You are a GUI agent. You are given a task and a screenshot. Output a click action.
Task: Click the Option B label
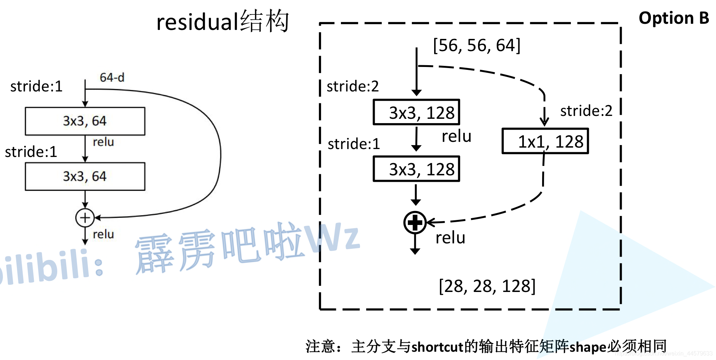674,18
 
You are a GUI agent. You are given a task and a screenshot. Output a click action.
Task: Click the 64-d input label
112,77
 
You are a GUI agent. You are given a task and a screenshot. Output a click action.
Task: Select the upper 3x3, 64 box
85,121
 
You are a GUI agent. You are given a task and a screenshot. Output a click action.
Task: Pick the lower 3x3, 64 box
85,176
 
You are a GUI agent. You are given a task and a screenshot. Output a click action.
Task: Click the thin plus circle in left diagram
85,217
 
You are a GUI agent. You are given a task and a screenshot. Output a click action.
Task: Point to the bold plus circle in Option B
415,223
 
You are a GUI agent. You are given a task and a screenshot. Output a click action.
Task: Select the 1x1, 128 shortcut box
545,141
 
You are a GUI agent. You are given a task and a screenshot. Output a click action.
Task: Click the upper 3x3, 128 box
416,112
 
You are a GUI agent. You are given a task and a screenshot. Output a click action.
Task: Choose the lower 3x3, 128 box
416,169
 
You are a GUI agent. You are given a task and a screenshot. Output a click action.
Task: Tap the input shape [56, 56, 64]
477,46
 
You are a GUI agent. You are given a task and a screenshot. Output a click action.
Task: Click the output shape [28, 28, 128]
487,286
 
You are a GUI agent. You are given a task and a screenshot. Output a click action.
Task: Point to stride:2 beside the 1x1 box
586,111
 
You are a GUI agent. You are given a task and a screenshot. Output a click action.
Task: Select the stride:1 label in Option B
354,144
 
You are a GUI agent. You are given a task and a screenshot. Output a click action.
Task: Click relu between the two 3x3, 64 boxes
103,142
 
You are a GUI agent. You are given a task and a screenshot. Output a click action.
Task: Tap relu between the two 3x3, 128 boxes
456,136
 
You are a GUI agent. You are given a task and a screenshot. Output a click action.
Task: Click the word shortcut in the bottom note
437,347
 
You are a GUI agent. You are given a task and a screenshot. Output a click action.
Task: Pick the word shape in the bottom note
588,347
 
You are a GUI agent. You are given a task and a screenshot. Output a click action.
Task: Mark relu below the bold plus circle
450,238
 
